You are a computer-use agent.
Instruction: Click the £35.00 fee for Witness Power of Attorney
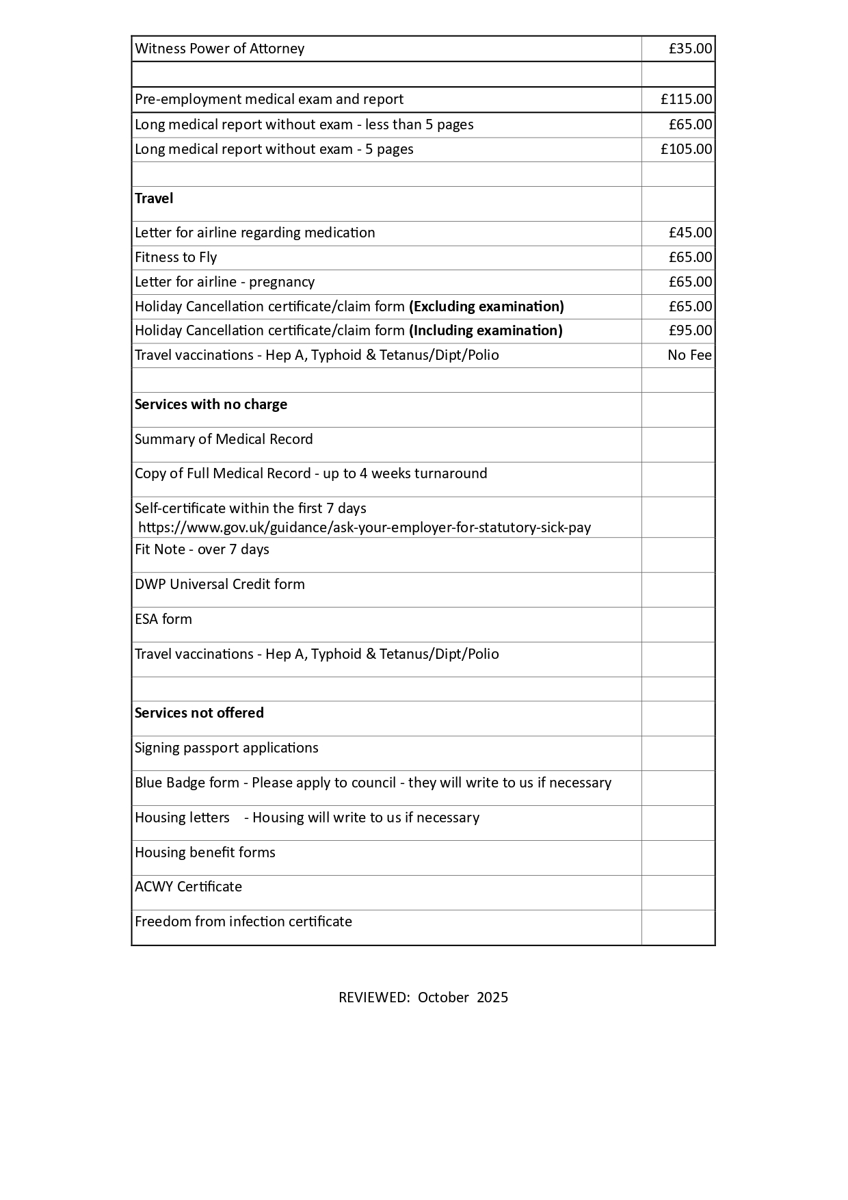(x=690, y=49)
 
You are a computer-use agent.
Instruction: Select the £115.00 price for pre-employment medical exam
(x=686, y=99)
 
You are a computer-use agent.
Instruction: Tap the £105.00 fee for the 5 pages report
(x=686, y=149)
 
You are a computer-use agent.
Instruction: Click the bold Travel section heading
(x=154, y=198)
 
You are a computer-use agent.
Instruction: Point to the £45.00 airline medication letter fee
(x=690, y=233)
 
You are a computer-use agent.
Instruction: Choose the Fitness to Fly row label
(x=176, y=257)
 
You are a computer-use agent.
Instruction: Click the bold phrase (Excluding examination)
(x=486, y=306)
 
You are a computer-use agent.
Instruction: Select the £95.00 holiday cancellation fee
(x=690, y=330)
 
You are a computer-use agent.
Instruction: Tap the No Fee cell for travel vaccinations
(x=689, y=355)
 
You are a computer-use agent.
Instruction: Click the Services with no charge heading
(x=211, y=404)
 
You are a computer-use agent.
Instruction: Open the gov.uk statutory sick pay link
(x=365, y=527)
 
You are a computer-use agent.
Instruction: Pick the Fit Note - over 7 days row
(x=202, y=549)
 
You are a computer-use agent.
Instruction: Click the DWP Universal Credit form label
(x=220, y=584)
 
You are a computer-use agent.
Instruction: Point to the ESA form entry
(x=163, y=619)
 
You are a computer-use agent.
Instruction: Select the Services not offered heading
(x=199, y=713)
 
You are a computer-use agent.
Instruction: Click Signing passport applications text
(x=226, y=748)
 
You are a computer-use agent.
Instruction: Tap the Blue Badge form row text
(x=373, y=783)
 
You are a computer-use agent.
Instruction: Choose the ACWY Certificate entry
(x=188, y=887)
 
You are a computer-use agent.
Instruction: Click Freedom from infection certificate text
(x=243, y=922)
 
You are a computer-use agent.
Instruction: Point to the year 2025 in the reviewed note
(x=492, y=997)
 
